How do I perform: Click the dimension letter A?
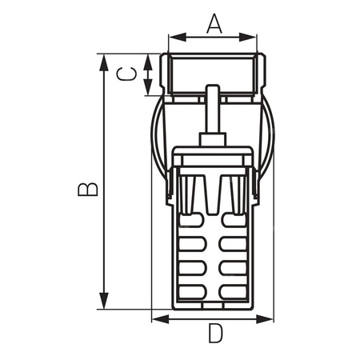pos(214,24)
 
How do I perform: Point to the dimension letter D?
pos(214,334)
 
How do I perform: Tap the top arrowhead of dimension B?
pos(103,61)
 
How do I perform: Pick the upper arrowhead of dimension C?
pos(149,59)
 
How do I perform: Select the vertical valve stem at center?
pos(214,112)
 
